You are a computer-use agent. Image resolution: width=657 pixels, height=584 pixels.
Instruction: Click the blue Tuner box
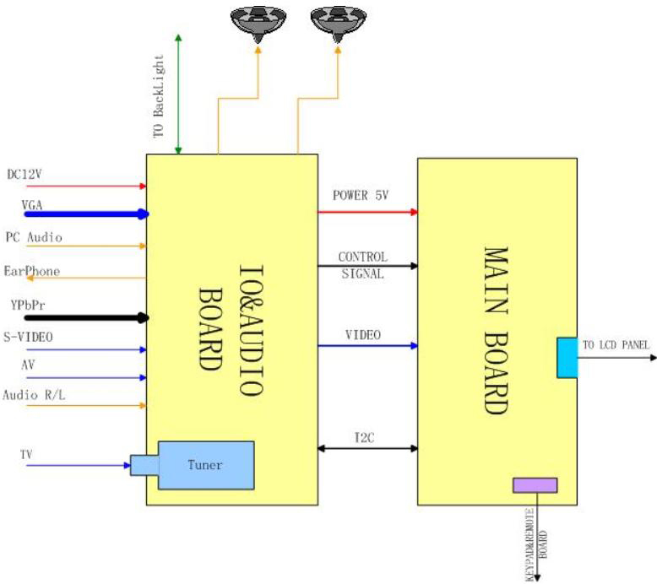click(x=205, y=465)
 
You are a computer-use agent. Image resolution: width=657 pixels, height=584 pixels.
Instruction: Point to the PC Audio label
click(x=34, y=237)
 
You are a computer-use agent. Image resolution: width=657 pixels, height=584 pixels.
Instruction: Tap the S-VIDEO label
click(x=29, y=338)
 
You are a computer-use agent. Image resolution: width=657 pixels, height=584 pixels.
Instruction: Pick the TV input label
click(x=27, y=454)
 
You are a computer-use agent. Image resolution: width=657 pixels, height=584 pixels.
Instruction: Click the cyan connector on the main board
click(x=566, y=357)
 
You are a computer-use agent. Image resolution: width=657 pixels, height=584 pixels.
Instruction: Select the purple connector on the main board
click(x=535, y=484)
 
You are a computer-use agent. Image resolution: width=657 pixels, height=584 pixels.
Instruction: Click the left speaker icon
click(x=255, y=23)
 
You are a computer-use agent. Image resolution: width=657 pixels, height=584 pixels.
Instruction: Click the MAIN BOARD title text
click(x=496, y=329)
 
